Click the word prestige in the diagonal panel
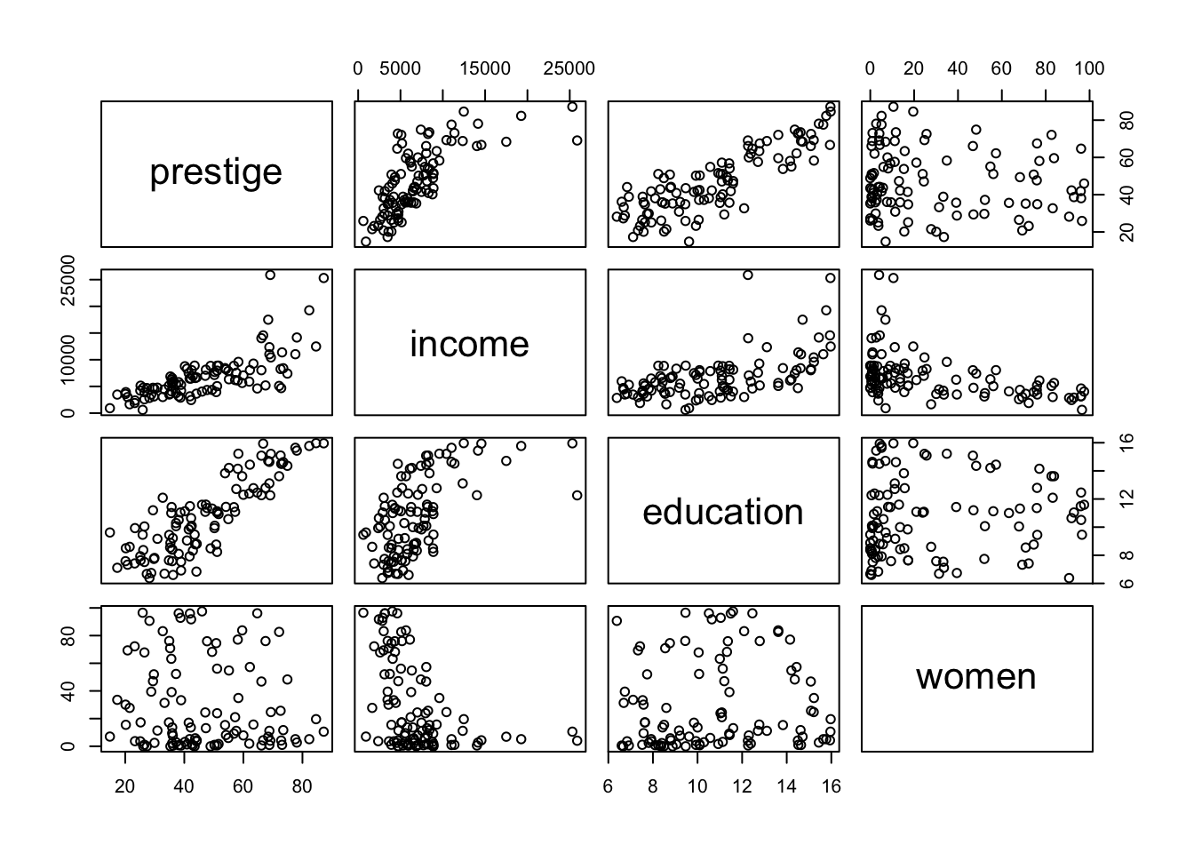pos(216,171)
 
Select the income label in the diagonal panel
pos(469,344)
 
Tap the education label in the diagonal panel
pos(722,512)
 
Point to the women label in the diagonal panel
pos(975,677)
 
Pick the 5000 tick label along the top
pos(400,69)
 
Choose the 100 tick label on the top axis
pos(1089,69)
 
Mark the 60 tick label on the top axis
pos(1001,69)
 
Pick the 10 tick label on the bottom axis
pos(697,786)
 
